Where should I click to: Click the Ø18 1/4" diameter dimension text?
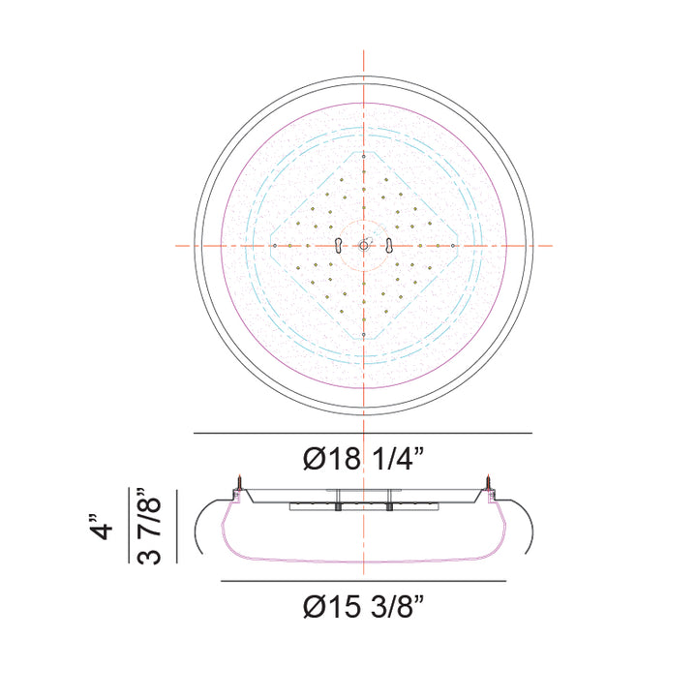[363, 458]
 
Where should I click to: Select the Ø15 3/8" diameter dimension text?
[363, 606]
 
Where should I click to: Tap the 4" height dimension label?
[102, 528]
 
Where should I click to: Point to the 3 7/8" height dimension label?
[148, 526]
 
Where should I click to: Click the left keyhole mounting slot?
[339, 245]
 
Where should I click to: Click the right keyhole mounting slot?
[389, 245]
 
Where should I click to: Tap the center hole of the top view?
[364, 245]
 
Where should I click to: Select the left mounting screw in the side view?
[239, 482]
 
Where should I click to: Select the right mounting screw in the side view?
[488, 482]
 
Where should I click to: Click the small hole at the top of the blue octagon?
[364, 157]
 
